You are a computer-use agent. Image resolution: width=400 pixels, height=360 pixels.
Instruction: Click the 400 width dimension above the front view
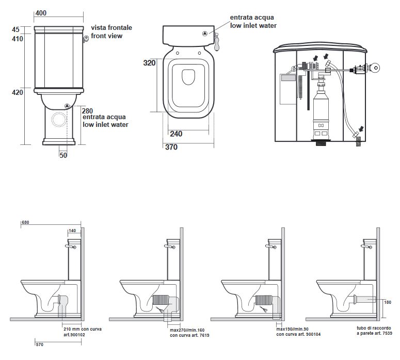coord(40,13)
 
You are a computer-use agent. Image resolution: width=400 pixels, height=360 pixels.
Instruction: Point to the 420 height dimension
coord(17,92)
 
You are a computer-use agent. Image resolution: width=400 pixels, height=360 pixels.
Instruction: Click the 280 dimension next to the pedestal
coord(88,110)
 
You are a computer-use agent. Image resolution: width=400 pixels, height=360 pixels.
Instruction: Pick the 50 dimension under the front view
coord(63,154)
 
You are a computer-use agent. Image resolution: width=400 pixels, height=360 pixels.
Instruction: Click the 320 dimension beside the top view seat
coord(149,63)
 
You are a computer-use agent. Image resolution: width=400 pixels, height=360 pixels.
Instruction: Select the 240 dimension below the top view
coord(175,133)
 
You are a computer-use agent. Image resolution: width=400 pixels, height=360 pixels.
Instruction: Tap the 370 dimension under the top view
coord(171,147)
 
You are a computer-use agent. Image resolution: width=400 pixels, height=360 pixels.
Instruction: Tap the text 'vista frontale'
coord(111,27)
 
